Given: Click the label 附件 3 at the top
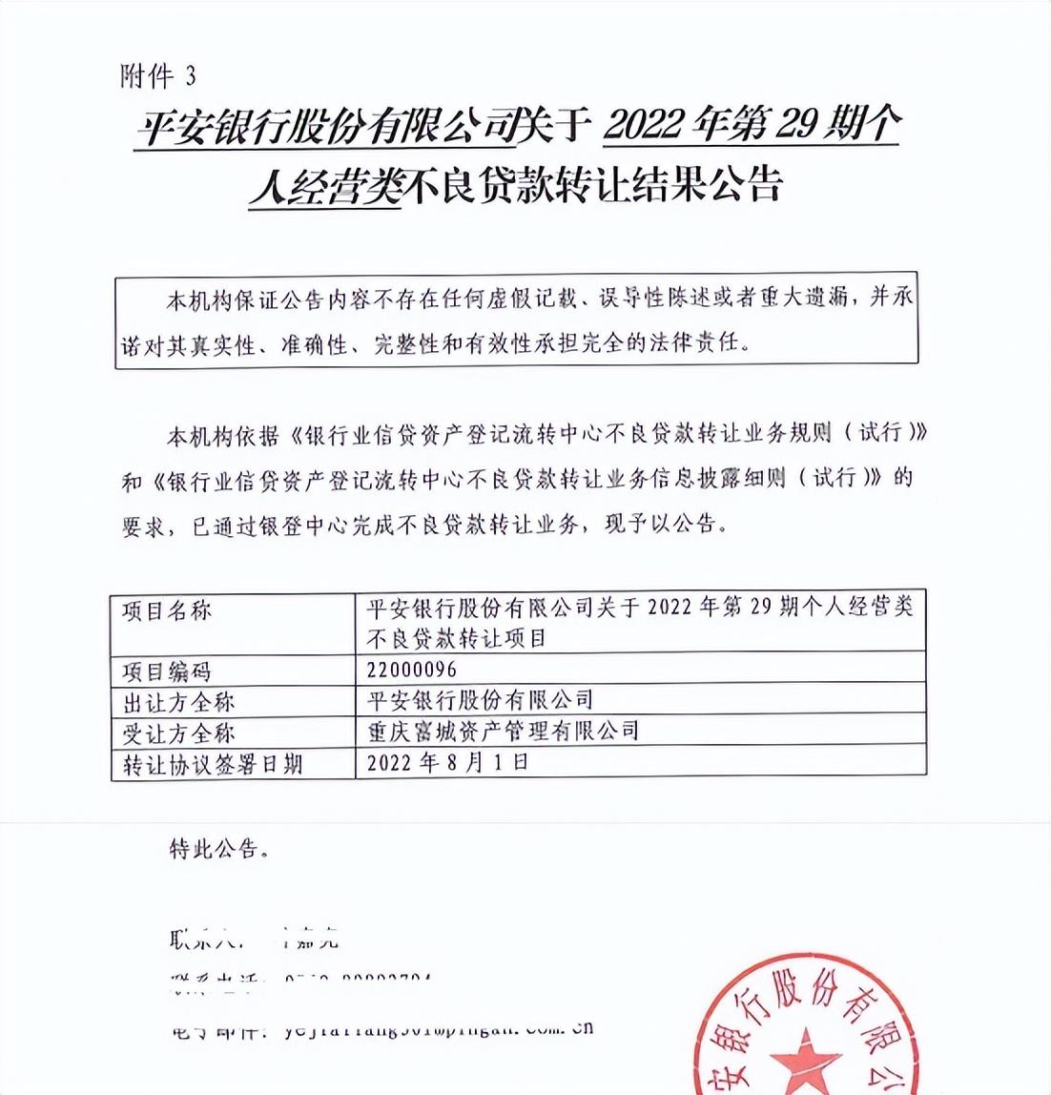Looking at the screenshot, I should [158, 76].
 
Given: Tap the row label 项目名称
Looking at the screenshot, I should [167, 611].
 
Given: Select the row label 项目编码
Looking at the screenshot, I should [167, 671].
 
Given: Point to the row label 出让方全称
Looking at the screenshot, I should [178, 703].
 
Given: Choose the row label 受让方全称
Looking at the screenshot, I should [178, 733].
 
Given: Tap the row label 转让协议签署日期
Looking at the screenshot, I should [213, 764].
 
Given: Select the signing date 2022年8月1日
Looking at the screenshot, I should [447, 762].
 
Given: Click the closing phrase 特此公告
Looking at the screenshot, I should [218, 848].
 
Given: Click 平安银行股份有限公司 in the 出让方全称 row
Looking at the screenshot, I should [480, 701].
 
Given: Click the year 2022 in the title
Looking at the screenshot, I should [648, 126].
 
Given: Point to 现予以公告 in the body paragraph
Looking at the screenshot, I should [659, 524].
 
